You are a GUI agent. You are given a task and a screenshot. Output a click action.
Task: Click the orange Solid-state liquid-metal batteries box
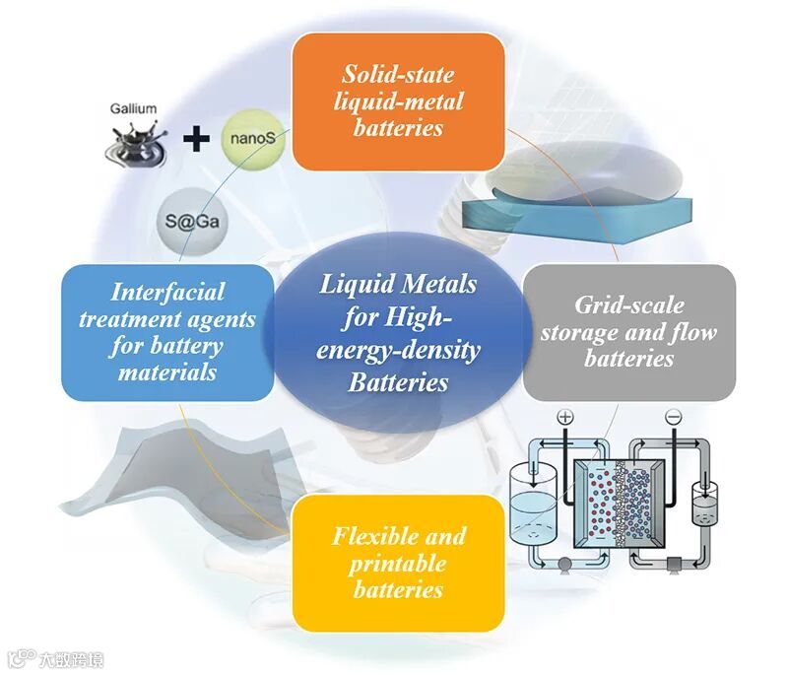pyautogui.click(x=399, y=101)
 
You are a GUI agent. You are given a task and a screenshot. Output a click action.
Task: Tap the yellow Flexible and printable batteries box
pyautogui.click(x=399, y=563)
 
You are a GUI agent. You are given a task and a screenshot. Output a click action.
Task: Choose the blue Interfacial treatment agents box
pyautogui.click(x=167, y=331)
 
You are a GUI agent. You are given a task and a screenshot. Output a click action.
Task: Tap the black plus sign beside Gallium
pyautogui.click(x=198, y=139)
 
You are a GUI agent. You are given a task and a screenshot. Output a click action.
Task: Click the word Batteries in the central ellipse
pyautogui.click(x=398, y=381)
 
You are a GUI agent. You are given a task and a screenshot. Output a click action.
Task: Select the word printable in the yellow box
pyautogui.click(x=398, y=564)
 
